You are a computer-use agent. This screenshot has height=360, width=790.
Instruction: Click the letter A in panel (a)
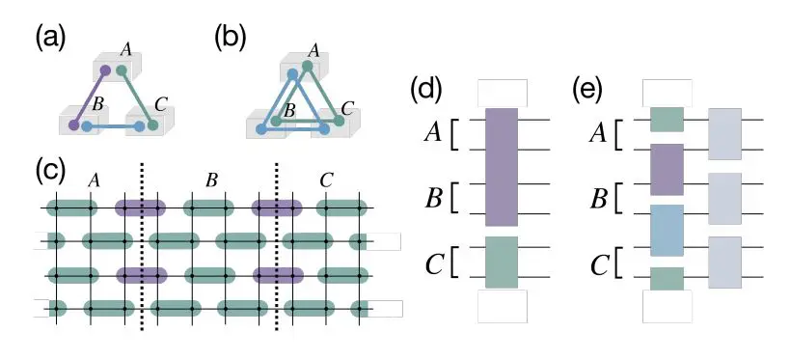124,47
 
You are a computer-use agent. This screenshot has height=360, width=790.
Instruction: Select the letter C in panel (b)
348,108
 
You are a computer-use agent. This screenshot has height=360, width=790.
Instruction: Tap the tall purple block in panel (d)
502,166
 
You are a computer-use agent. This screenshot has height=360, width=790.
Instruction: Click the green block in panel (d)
502,262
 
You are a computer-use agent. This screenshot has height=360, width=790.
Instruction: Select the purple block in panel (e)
667,169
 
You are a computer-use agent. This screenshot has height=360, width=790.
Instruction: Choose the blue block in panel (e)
667,229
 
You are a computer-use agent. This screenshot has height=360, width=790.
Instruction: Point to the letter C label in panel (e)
597,263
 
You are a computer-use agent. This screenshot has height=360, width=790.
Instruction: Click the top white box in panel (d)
502,92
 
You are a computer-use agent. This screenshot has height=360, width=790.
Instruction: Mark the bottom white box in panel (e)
667,307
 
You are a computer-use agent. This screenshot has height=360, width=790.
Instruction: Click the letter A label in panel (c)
93,180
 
